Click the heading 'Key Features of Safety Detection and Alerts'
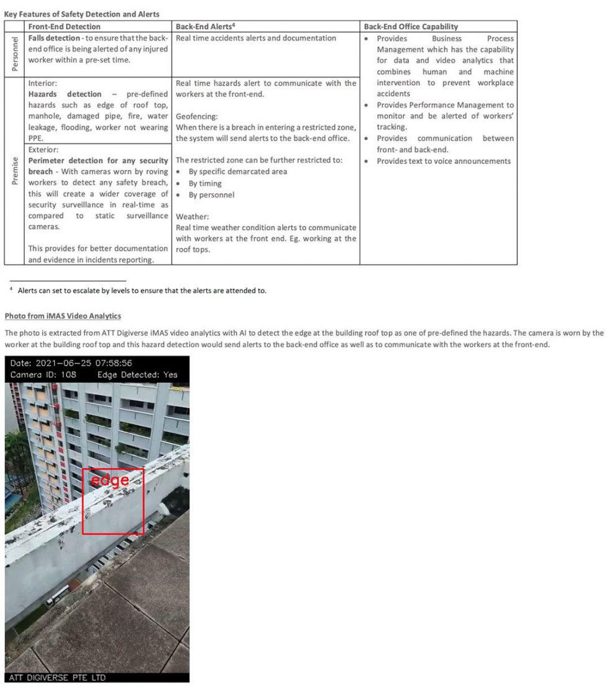pos(82,14)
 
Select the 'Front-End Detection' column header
pos(64,27)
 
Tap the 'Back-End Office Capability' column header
pos(411,27)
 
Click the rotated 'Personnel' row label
pos(15,55)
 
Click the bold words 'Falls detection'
pos(54,39)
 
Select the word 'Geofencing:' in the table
pos(196,116)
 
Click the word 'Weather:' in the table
pos(192,217)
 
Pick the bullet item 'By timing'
pos(205,183)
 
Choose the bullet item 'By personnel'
pos(211,194)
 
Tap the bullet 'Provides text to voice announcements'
pos(444,161)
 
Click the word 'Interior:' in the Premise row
pos(43,83)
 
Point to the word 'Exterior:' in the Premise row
pos(43,150)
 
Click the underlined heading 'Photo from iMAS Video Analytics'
pos(63,316)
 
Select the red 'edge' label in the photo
pos(109,480)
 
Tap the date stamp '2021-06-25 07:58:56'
pos(84,363)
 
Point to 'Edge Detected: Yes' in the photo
pos(137,375)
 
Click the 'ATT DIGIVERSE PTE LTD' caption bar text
pos(57,677)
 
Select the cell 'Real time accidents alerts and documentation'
pos(256,39)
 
